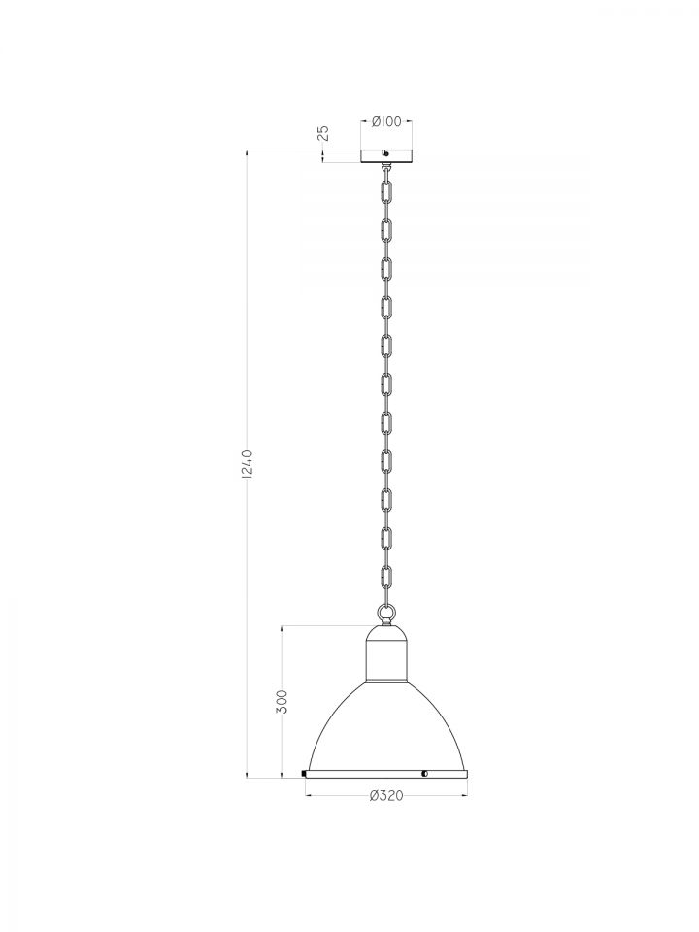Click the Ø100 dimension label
pyautogui.click(x=386, y=122)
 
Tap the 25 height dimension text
pyautogui.click(x=324, y=133)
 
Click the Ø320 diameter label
pyautogui.click(x=386, y=795)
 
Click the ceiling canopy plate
pyautogui.click(x=386, y=155)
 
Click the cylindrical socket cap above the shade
pyautogui.click(x=386, y=660)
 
